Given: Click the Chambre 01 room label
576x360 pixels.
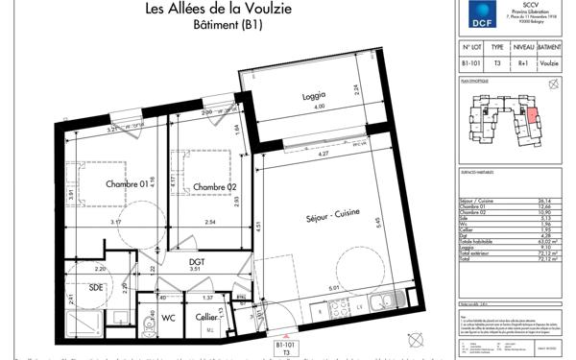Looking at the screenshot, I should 127,185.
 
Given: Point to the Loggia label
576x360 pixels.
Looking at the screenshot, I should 313,96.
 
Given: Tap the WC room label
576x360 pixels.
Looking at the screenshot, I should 168,317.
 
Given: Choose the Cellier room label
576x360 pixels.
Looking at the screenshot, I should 204,317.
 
